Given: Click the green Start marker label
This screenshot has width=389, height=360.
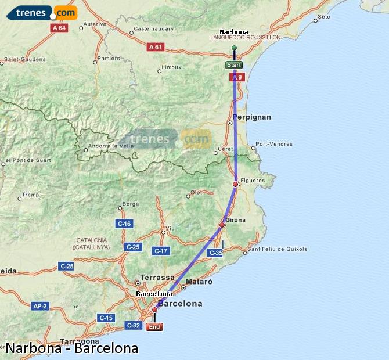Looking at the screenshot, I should click(234, 65).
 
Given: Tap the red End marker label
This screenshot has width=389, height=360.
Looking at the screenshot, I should click(154, 327).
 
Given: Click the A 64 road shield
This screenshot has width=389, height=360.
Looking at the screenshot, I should click(59, 28).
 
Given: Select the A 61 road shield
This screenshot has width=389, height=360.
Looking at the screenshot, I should click(155, 47).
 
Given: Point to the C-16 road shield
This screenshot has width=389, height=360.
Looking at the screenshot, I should click(124, 224).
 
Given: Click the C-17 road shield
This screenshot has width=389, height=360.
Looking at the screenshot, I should click(161, 251).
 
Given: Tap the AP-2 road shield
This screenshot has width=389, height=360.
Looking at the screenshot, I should click(40, 305).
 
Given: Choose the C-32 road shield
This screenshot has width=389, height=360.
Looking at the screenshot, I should click(134, 326).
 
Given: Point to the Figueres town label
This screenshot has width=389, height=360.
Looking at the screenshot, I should click(253, 181).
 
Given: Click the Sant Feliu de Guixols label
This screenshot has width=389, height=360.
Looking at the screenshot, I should click(278, 250).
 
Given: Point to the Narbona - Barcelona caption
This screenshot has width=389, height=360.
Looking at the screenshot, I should click(72, 348).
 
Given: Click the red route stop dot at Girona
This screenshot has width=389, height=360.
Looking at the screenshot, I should click(222, 225).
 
